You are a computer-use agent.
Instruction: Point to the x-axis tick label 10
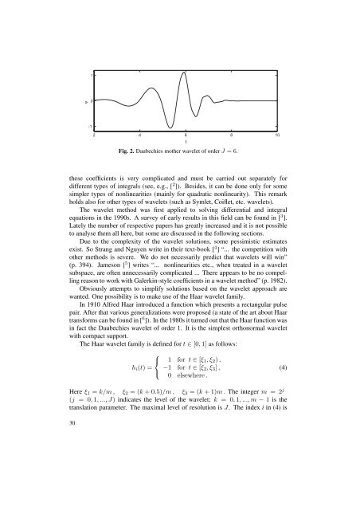[276, 135]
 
